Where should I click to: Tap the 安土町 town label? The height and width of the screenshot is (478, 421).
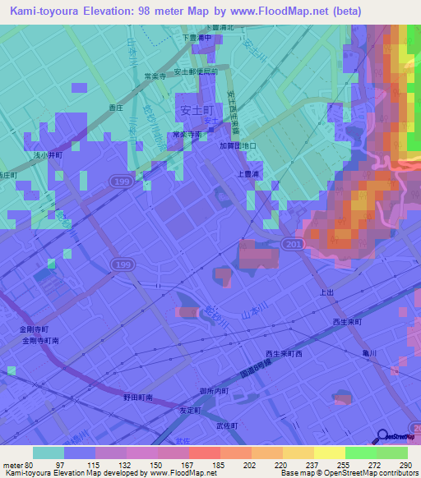[x=197, y=108]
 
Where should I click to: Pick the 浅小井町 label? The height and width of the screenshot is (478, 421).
[x=48, y=154]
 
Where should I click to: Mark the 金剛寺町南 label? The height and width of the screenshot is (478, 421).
[x=40, y=340]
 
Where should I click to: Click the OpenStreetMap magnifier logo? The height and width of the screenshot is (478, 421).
[x=382, y=436]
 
